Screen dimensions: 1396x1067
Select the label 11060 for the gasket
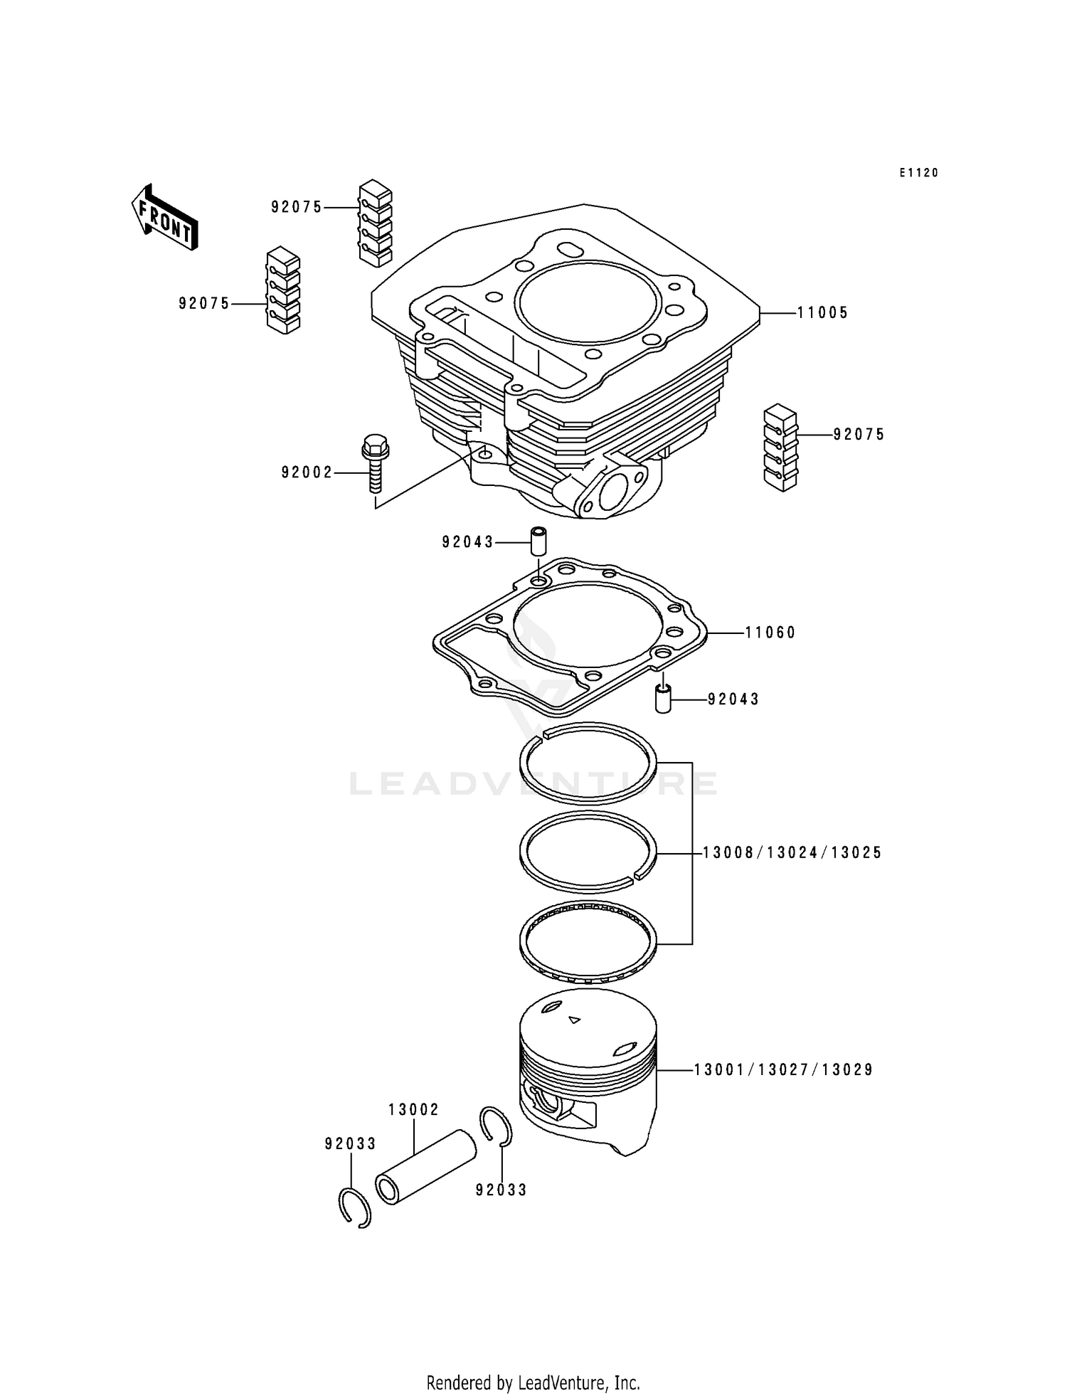pos(770,633)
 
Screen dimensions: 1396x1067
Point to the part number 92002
pos(307,472)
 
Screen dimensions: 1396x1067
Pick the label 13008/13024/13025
pos(792,852)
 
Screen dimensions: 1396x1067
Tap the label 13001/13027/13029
pos(783,1069)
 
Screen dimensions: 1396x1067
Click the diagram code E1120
pos(918,173)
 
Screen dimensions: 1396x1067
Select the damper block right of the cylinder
pos(781,448)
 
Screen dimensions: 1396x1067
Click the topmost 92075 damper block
pos(375,224)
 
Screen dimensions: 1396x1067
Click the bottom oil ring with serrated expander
pos(588,942)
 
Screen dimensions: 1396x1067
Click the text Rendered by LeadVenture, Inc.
pos(533,1383)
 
